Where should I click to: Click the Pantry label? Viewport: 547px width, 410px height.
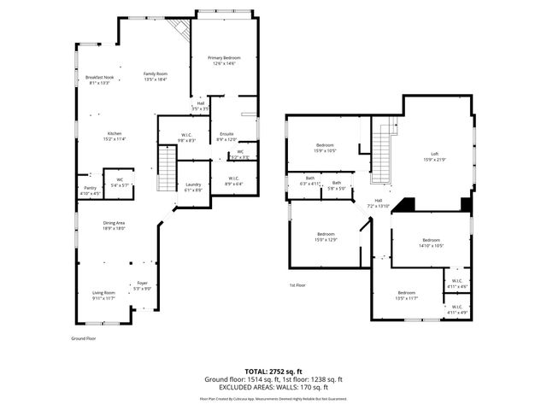coord(90,190)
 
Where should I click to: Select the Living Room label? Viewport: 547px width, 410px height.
coord(103,296)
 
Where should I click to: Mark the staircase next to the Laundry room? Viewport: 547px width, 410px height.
coord(166,169)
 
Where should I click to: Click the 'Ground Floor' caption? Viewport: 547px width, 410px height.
coord(83,338)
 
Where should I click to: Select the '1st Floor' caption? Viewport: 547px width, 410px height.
coord(297,285)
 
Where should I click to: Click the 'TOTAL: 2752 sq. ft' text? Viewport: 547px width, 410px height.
coord(273,372)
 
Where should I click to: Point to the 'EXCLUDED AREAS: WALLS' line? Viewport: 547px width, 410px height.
coord(273,386)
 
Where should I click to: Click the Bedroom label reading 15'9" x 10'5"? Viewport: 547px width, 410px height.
coord(325,148)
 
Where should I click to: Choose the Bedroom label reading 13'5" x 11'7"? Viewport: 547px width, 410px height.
coord(406,295)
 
